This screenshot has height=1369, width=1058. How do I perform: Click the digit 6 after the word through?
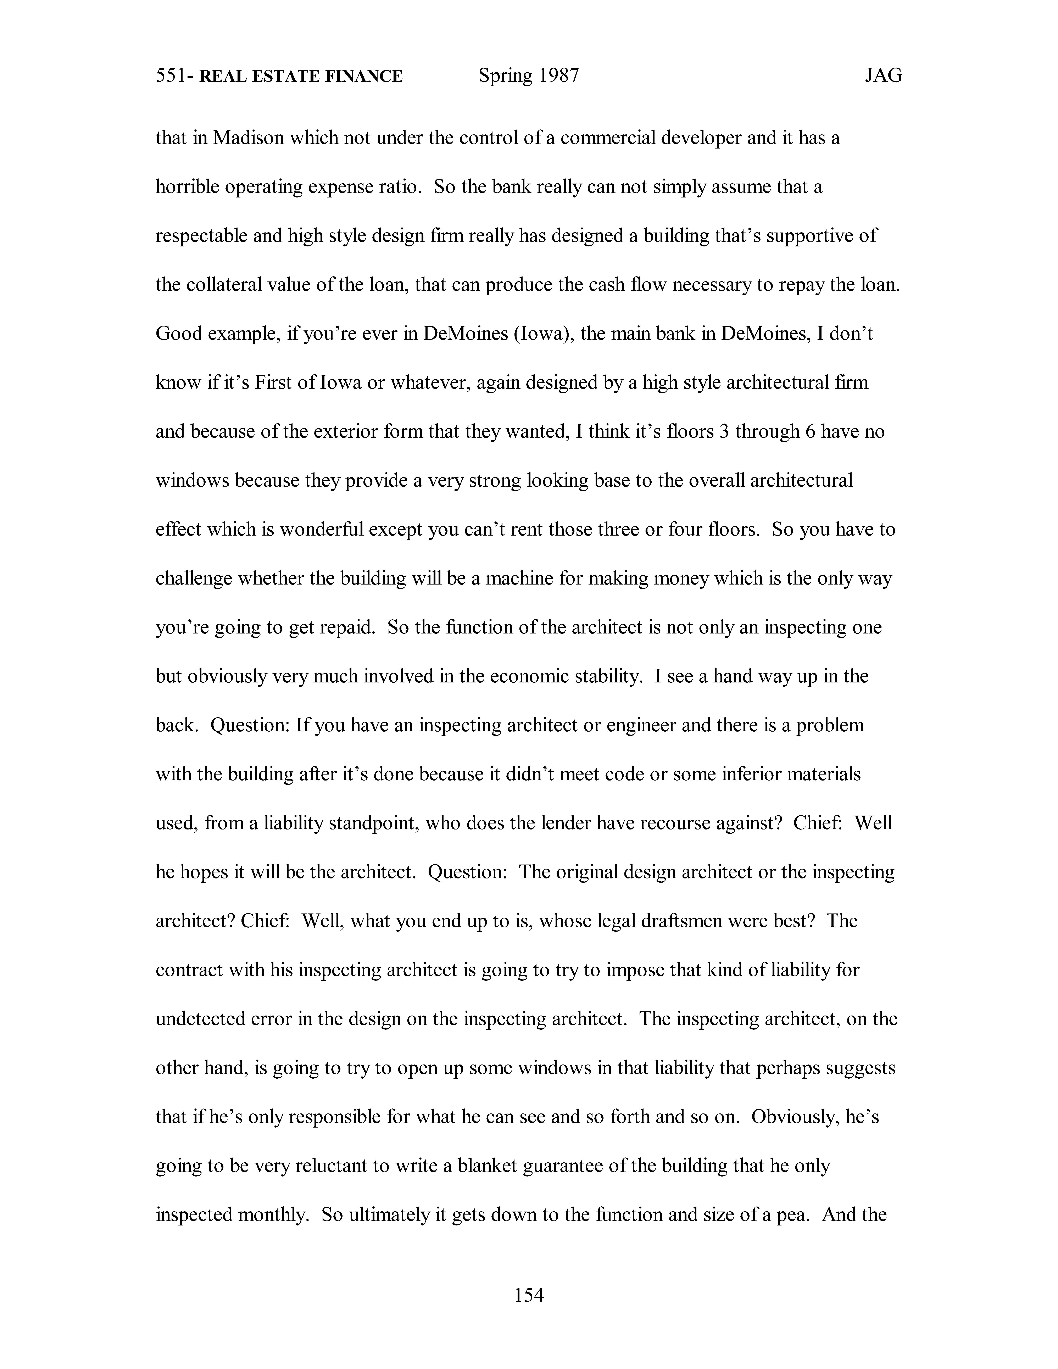pyautogui.click(x=810, y=431)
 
